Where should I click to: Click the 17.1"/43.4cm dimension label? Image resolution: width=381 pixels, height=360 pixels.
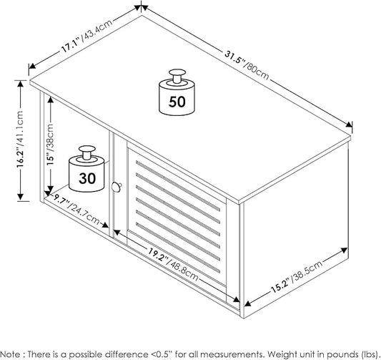(86, 36)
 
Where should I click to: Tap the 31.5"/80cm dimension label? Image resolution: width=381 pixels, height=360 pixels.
(247, 65)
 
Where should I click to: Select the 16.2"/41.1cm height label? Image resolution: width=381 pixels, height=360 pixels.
(21, 139)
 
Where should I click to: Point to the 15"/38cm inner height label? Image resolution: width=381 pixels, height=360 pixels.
(50, 145)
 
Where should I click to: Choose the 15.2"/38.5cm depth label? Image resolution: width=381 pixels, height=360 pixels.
(297, 276)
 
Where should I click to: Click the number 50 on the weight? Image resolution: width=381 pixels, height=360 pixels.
(177, 102)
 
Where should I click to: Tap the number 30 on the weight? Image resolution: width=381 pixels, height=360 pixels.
(87, 178)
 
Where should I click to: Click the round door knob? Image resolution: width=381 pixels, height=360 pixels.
(117, 187)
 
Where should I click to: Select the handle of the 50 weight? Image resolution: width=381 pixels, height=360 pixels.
(177, 76)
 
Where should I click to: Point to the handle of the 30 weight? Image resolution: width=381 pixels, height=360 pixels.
(87, 152)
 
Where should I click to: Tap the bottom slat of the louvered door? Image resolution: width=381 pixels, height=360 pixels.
(178, 248)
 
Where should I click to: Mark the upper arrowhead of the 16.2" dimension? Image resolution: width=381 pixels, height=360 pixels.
(21, 84)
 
